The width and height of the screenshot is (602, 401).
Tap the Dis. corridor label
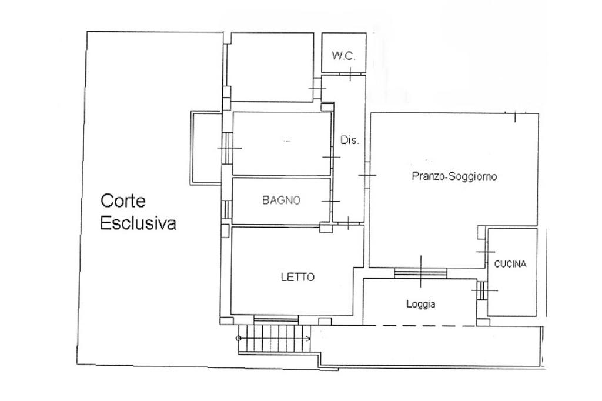(349, 141)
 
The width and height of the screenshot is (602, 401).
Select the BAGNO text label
(281, 200)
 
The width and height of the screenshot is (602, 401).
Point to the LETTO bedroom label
(297, 277)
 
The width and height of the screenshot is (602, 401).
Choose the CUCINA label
(510, 264)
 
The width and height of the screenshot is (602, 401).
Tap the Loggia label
(421, 304)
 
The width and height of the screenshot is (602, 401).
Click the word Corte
(123, 201)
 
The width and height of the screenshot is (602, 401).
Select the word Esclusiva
(138, 223)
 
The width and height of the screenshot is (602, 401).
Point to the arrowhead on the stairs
(309, 338)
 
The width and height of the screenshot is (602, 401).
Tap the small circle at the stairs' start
(238, 338)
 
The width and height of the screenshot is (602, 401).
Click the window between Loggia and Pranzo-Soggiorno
(420, 272)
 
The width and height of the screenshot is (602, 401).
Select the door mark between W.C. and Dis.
(350, 75)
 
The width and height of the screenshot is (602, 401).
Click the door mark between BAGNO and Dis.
(331, 201)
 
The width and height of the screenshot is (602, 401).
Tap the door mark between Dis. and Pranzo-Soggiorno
(367, 176)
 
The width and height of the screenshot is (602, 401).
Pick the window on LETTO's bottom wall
(276, 319)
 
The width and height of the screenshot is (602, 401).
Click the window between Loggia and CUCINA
(480, 290)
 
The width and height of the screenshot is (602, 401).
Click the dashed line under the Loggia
(420, 325)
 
